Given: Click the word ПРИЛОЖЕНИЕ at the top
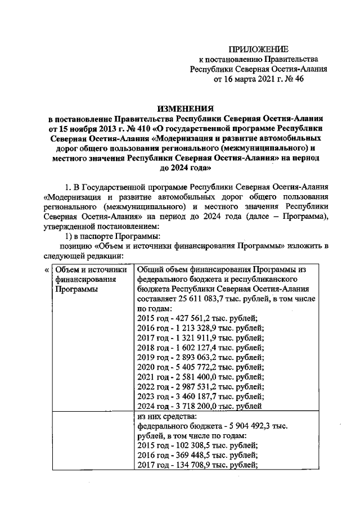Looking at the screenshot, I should click(x=260, y=49).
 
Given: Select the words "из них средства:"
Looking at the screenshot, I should click(x=166, y=418).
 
